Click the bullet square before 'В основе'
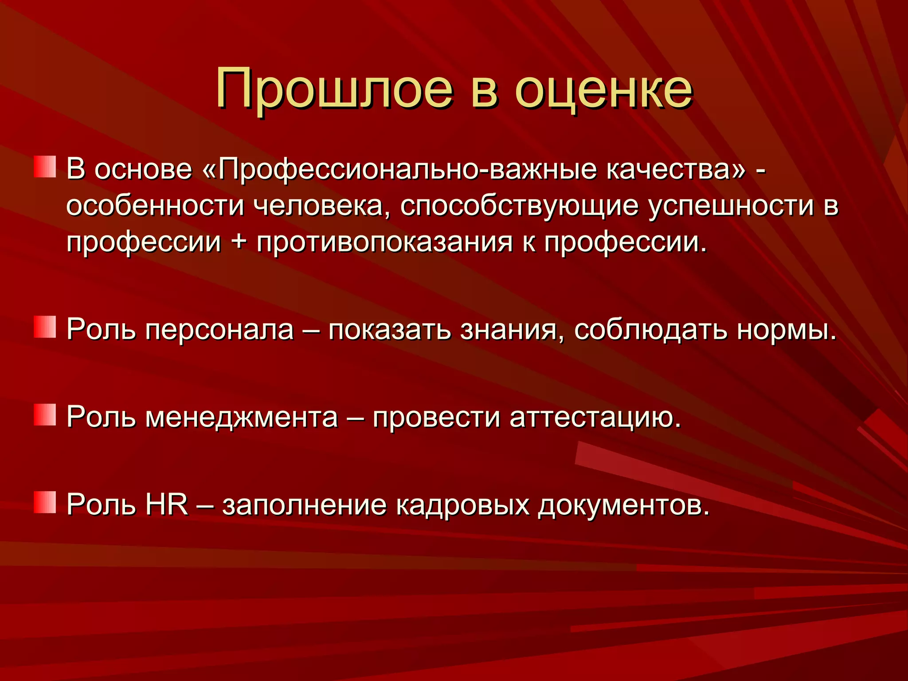click(x=45, y=167)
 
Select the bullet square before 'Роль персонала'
click(x=45, y=327)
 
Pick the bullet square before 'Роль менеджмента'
click(x=45, y=415)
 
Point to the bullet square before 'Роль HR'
click(x=45, y=502)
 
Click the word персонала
click(x=219, y=330)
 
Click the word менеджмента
click(x=242, y=418)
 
